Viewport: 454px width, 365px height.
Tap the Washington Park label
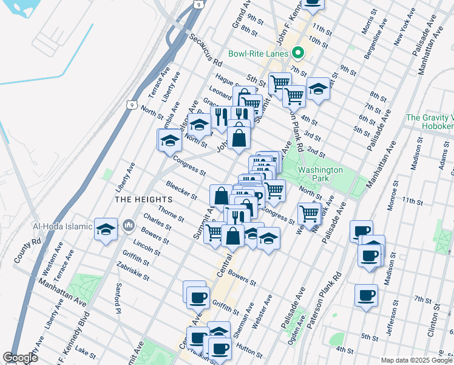coord(320,175)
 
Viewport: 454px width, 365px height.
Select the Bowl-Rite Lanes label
coord(258,54)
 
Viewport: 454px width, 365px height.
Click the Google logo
coord(20,358)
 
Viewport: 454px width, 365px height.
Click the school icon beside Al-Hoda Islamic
coord(106,229)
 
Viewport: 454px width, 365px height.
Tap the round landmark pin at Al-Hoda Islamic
coord(128,226)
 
